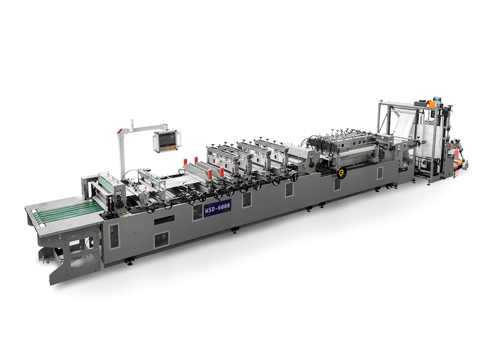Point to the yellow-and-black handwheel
click(x=341, y=173)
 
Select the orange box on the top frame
click(x=429, y=104)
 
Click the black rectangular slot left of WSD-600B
click(x=164, y=219)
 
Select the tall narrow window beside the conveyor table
click(x=114, y=236)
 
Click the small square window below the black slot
click(x=162, y=239)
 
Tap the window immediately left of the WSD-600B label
click(x=197, y=212)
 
